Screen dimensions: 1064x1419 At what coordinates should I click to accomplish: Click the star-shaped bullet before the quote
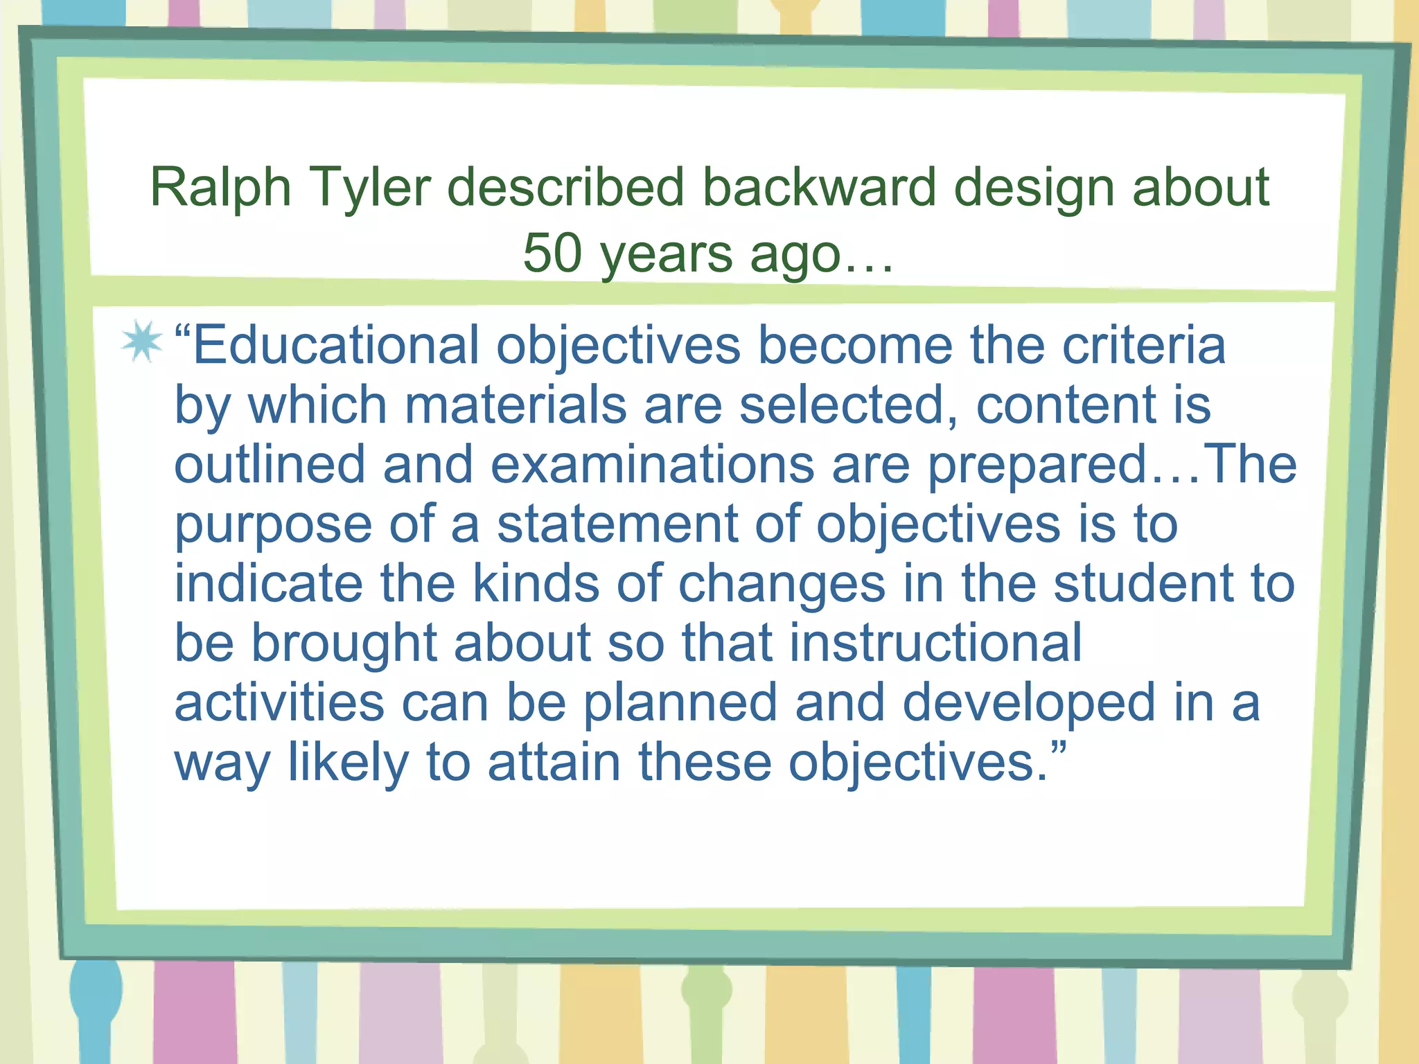point(141,342)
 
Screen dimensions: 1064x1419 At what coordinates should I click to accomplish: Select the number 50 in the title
point(552,253)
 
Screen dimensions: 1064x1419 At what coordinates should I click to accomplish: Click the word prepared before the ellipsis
point(1038,465)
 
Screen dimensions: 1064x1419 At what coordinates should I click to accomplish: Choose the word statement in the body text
point(617,524)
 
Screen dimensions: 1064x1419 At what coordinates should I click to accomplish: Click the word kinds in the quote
point(536,583)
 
